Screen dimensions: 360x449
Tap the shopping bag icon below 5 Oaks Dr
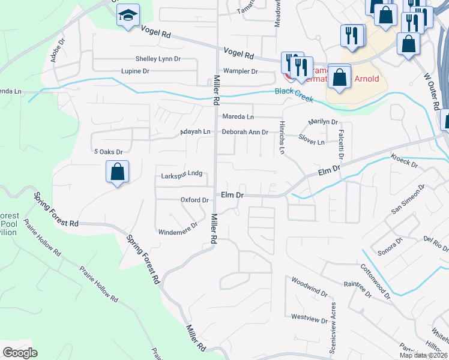[x=118, y=172]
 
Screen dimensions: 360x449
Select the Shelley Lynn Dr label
[x=158, y=59]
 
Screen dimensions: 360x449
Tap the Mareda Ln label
[x=238, y=116]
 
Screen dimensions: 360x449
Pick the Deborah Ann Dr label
[x=244, y=132]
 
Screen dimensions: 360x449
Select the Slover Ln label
[x=312, y=142]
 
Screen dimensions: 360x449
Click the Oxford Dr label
[x=194, y=200]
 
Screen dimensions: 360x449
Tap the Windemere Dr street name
[x=178, y=229]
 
